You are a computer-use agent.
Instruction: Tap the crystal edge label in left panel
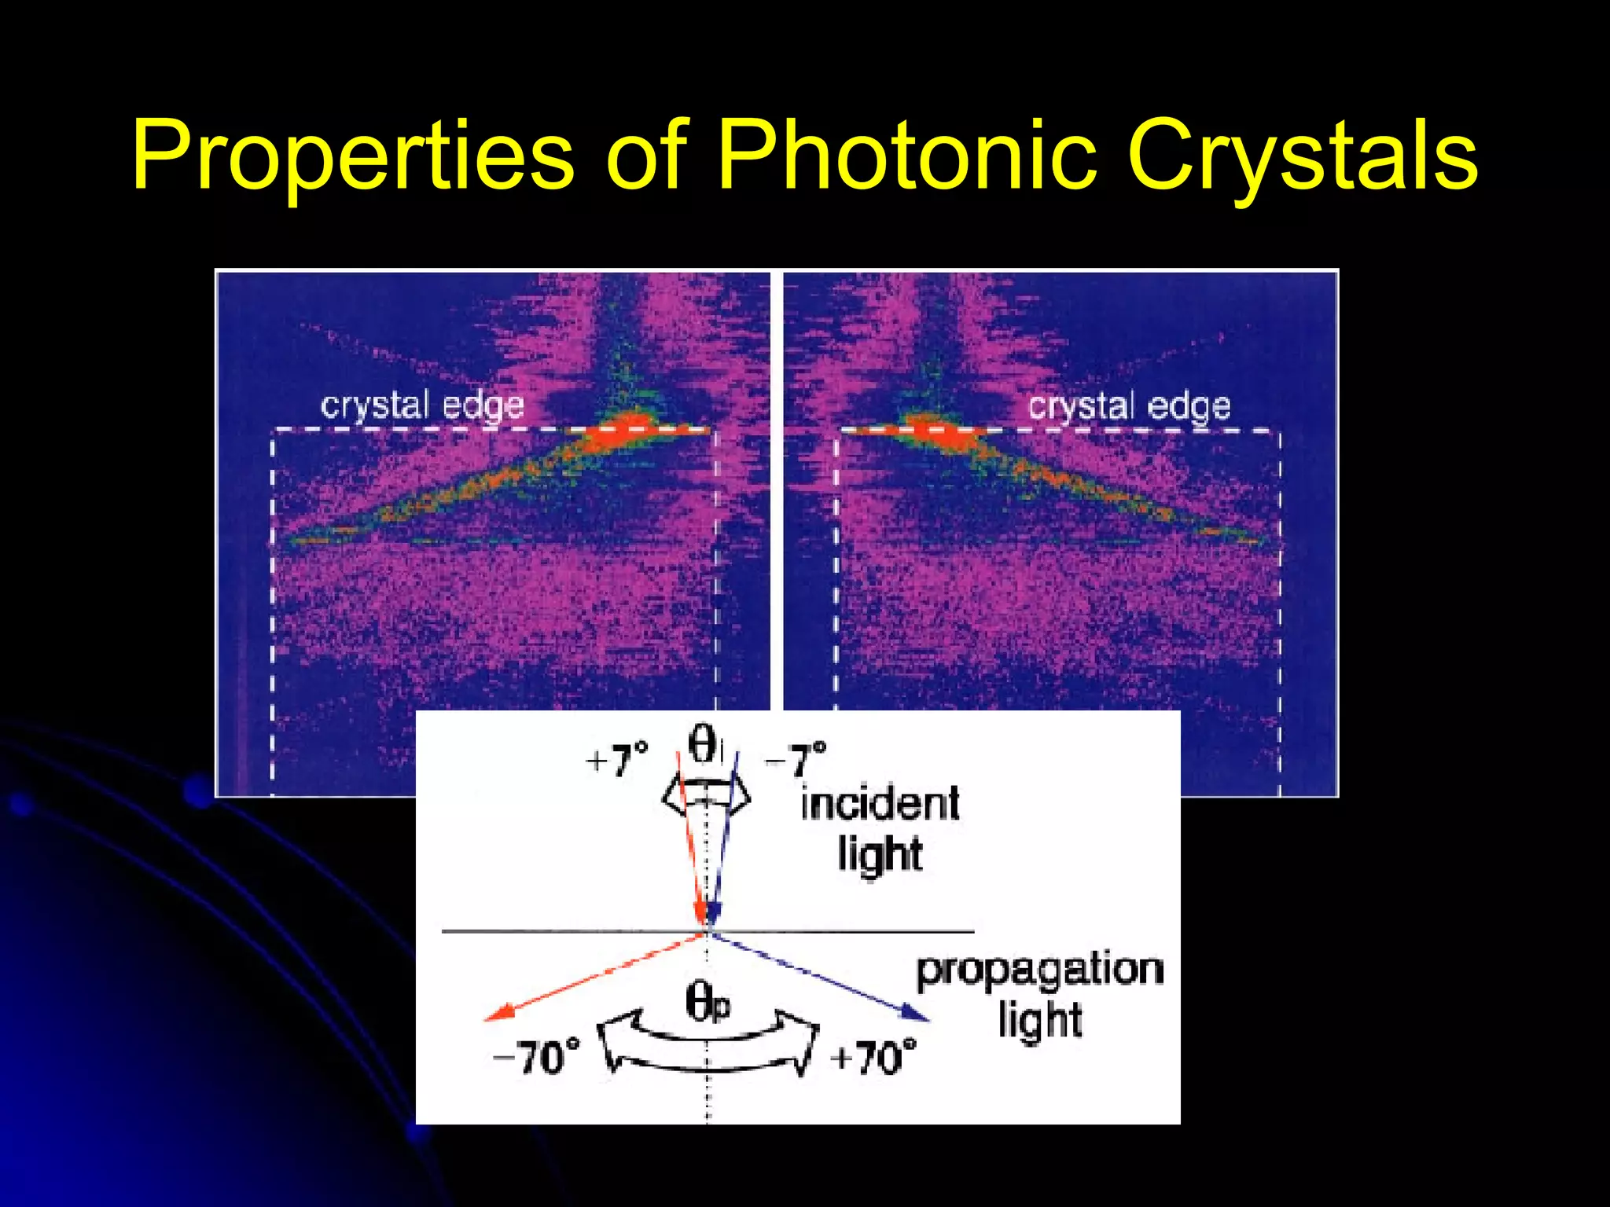click(422, 406)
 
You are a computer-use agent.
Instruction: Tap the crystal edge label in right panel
click(1129, 406)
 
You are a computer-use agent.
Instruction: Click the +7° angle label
click(618, 761)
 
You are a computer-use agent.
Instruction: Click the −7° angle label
click(796, 761)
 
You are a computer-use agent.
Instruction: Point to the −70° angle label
click(536, 1058)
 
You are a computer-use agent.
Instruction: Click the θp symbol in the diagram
click(707, 1003)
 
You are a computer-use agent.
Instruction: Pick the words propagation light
click(1039, 995)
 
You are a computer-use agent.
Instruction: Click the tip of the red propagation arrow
click(488, 1019)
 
